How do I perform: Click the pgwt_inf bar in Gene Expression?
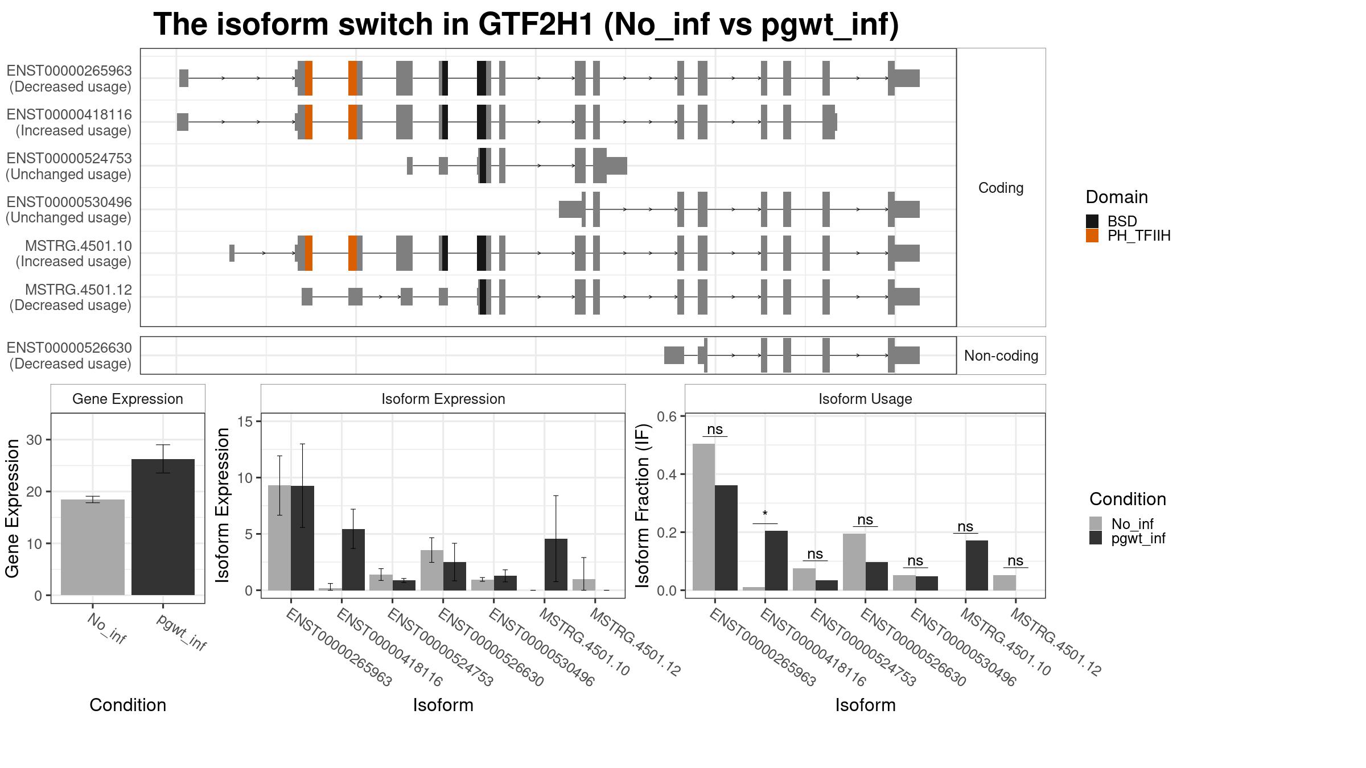click(163, 527)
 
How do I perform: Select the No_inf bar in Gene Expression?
click(93, 547)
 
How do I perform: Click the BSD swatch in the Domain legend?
click(1092, 221)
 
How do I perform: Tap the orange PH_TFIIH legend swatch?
click(1092, 236)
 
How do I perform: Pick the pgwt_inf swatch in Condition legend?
click(1096, 538)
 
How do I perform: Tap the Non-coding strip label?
click(1001, 356)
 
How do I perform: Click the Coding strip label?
click(1001, 188)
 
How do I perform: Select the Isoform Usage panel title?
click(865, 399)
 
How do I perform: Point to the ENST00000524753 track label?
click(69, 158)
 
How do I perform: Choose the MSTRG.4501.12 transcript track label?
click(78, 290)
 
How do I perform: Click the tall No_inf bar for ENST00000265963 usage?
click(703, 517)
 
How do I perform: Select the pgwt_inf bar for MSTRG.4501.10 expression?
click(556, 564)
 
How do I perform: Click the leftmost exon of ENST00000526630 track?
click(674, 356)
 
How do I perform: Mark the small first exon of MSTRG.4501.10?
click(232, 253)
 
